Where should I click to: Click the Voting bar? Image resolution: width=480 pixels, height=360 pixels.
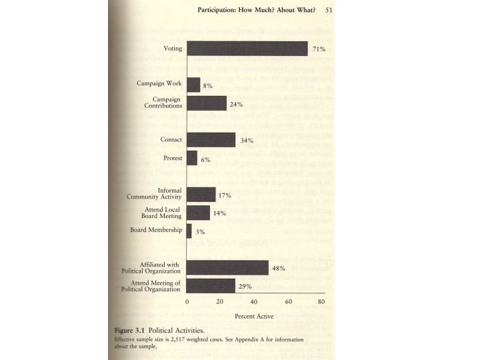[x=247, y=49]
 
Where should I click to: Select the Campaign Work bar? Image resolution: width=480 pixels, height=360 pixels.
[x=193, y=85]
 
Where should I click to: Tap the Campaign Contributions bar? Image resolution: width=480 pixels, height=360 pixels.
[x=207, y=103]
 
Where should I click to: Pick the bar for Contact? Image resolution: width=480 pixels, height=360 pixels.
[x=211, y=139]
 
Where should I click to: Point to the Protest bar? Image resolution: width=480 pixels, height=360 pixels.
[x=192, y=158]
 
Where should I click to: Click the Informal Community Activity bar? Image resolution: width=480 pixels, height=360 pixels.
[x=201, y=194]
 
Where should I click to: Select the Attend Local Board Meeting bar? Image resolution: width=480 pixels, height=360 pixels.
[x=198, y=213]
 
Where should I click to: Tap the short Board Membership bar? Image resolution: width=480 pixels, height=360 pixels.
[x=189, y=231]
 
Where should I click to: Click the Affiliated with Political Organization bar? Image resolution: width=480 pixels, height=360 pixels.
[x=227, y=267]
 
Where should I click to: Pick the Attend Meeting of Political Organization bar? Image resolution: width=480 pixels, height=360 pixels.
[x=211, y=285]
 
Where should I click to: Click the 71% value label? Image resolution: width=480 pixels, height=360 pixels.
[x=319, y=49]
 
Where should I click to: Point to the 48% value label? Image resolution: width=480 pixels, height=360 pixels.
[x=279, y=268]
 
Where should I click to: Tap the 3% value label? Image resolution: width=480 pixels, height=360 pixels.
[x=200, y=231]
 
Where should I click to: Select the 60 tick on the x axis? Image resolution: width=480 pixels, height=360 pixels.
[x=288, y=302]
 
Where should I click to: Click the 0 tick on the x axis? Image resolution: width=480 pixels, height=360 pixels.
[x=187, y=302]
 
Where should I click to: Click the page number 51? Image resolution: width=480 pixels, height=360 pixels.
[x=329, y=9]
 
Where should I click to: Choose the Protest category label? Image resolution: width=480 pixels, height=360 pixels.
[x=172, y=158]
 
